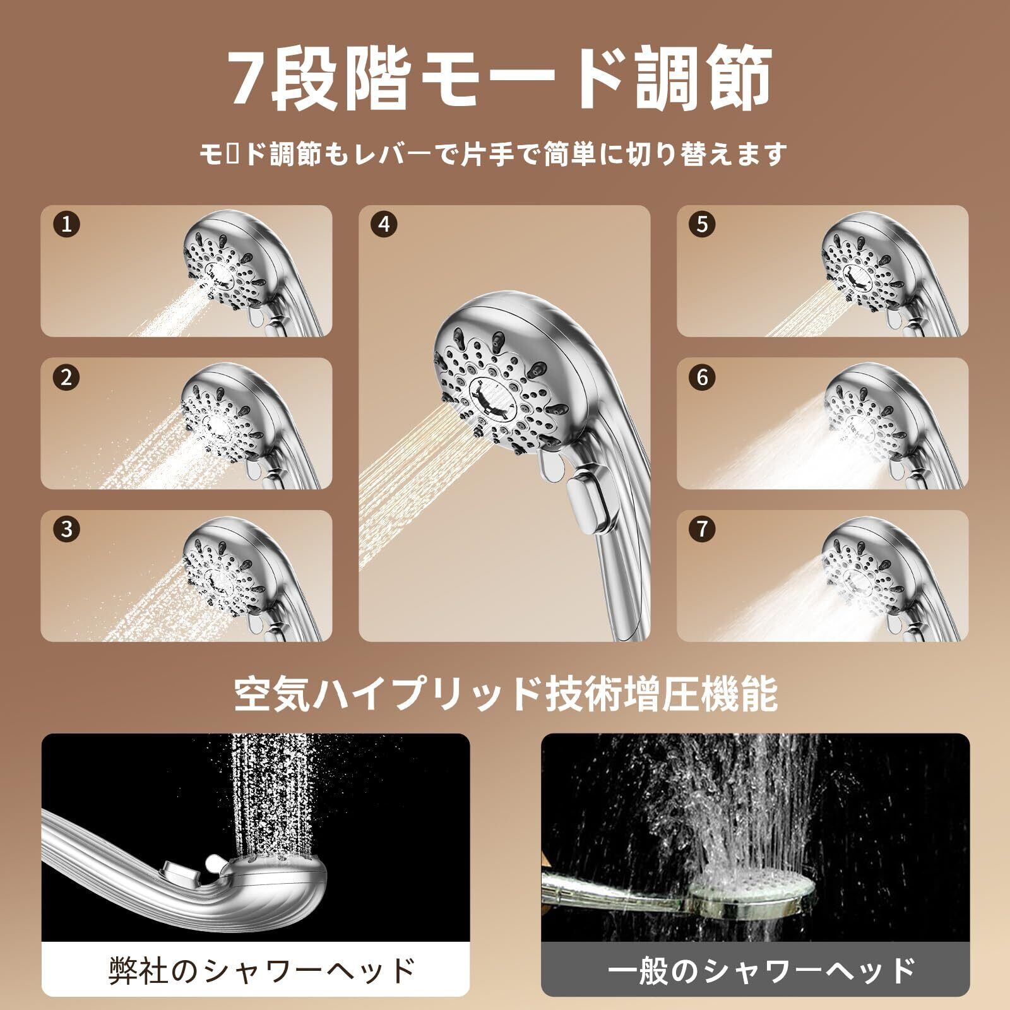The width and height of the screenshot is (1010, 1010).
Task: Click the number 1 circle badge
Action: point(67,225)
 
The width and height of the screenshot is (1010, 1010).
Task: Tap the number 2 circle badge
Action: point(67,377)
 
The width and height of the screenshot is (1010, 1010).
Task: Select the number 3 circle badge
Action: point(67,529)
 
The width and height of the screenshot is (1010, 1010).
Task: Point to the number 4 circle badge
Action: point(384,225)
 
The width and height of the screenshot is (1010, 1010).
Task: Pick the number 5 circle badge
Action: point(703,225)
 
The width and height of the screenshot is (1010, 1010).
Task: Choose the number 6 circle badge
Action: point(703,377)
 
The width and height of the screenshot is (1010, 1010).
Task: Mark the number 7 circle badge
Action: point(703,529)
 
